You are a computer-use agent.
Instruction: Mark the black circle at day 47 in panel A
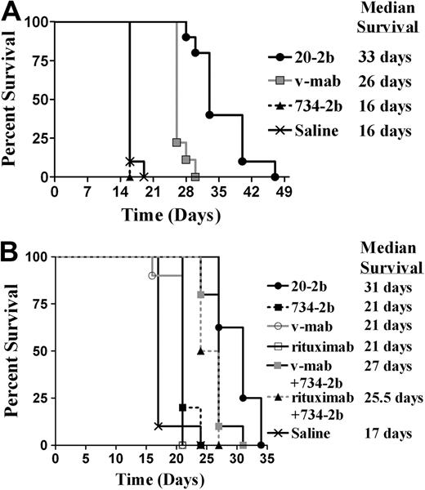coord(275,176)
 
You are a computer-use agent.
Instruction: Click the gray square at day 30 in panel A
coord(195,176)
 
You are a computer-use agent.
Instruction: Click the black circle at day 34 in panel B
coord(261,445)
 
